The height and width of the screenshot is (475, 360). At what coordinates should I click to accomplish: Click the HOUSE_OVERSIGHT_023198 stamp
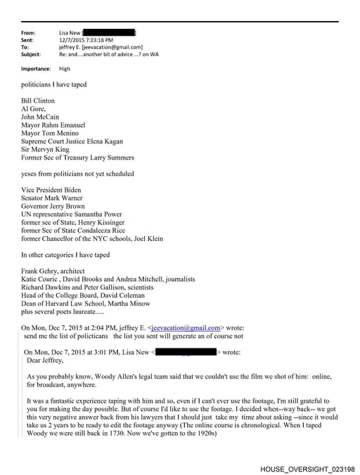(307, 469)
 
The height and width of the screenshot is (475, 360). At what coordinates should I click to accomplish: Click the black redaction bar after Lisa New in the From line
(110, 33)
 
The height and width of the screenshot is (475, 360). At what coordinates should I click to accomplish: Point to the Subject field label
(31, 54)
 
